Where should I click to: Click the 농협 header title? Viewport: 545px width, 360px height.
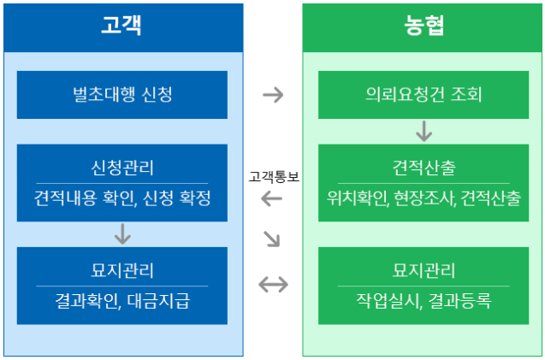point(424,26)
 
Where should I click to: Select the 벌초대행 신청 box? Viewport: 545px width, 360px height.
point(121,94)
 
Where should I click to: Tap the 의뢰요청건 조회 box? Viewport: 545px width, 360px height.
point(424,94)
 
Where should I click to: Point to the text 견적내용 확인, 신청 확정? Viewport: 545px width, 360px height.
point(121,198)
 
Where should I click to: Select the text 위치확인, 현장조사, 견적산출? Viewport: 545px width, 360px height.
point(424,198)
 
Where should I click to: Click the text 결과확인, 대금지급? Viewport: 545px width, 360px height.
point(121,301)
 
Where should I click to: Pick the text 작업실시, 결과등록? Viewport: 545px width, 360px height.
point(424,301)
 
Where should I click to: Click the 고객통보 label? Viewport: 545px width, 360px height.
point(273,177)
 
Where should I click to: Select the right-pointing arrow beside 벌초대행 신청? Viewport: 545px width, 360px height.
point(272,94)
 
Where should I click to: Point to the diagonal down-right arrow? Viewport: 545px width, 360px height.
point(272,239)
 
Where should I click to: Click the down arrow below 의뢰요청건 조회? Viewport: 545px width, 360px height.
point(424,131)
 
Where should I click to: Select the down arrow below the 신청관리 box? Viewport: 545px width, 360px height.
point(121,233)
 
